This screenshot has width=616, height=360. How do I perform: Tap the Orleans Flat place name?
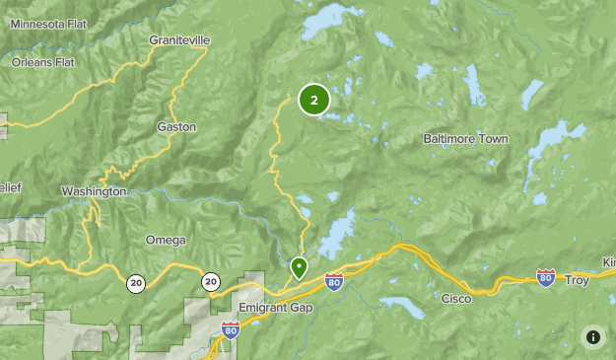click(43, 62)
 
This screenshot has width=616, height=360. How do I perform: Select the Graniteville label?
click(180, 39)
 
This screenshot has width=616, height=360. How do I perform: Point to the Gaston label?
click(176, 127)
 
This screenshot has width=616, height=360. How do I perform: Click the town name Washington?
click(94, 191)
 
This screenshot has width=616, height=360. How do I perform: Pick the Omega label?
click(165, 240)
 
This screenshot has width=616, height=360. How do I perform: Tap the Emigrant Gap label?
click(275, 308)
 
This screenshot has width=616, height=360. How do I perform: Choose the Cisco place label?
click(455, 298)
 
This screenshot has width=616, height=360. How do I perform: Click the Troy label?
click(577, 281)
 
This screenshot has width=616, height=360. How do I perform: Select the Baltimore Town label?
click(465, 139)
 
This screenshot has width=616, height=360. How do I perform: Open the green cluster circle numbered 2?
click(313, 100)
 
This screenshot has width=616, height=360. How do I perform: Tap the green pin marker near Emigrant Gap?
click(299, 267)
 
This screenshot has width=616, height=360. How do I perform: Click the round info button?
click(592, 336)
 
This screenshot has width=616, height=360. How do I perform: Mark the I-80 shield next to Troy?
click(546, 277)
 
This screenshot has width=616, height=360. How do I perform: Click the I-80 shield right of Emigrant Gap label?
click(334, 281)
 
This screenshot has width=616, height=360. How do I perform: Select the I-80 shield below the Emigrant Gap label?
click(231, 329)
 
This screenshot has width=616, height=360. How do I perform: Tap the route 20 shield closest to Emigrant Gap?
click(211, 282)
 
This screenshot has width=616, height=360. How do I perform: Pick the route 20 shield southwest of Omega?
click(136, 283)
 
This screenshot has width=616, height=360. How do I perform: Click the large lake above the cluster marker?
click(330, 22)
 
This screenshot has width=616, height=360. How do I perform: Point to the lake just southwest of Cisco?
click(404, 307)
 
